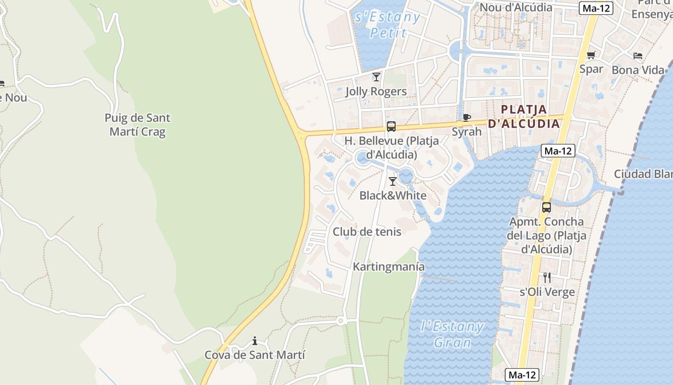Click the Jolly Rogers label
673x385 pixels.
pos(376,91)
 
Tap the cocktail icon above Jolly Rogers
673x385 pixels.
pos(376,77)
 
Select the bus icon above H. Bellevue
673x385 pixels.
pos(391,127)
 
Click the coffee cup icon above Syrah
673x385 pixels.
pos(466,117)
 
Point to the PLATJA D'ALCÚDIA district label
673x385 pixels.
pos(524,116)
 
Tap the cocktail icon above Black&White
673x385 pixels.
pos(393,181)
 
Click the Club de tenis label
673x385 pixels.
pos(367,231)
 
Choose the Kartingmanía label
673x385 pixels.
pos(389,267)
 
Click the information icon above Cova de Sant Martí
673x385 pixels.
pos(254,341)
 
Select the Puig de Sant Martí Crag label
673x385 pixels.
pos(137,125)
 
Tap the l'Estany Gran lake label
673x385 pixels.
pos(452,334)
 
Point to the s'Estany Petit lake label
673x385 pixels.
pos(387,25)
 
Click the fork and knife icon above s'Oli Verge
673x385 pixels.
pos(547,278)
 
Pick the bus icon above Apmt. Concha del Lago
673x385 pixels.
pos(547,207)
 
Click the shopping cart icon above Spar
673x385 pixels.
pos(591,55)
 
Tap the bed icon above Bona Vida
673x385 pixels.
pos(638,56)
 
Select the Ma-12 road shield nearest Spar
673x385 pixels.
pos(596,8)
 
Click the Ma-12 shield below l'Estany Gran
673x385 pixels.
pos(523,375)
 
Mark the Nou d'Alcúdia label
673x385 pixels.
pos(516,7)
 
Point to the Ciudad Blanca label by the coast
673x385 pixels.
pos(643,174)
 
